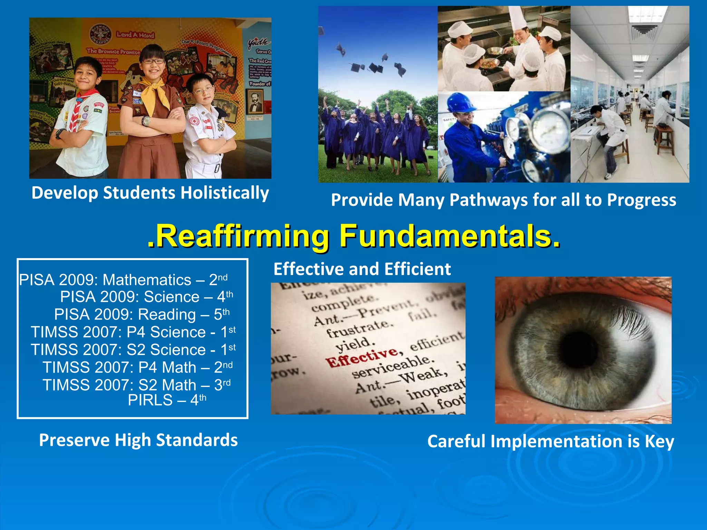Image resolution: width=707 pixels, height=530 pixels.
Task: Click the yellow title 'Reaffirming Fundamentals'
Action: coord(353,236)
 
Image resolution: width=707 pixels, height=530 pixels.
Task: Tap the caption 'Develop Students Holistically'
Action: coord(150,193)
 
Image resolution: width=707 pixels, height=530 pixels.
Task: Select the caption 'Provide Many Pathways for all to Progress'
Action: coord(503,200)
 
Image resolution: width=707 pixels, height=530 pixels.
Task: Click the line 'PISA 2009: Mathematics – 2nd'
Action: coord(123,280)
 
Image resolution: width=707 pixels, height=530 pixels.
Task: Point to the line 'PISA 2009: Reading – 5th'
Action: coord(142,314)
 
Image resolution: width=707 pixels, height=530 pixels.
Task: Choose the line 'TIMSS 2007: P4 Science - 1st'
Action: coord(133,332)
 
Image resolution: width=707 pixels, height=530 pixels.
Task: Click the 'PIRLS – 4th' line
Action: coord(167,400)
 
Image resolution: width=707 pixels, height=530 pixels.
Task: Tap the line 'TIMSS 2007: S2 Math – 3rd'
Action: coord(137,385)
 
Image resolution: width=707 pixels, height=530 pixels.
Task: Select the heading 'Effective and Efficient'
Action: coord(362,269)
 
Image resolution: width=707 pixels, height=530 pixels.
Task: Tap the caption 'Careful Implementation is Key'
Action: coord(550,441)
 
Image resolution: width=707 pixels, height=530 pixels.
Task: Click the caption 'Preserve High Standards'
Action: coord(138,440)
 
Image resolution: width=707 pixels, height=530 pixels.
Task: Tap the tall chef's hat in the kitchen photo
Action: coord(517,19)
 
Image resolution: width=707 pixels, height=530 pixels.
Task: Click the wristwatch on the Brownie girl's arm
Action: coord(146,121)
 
